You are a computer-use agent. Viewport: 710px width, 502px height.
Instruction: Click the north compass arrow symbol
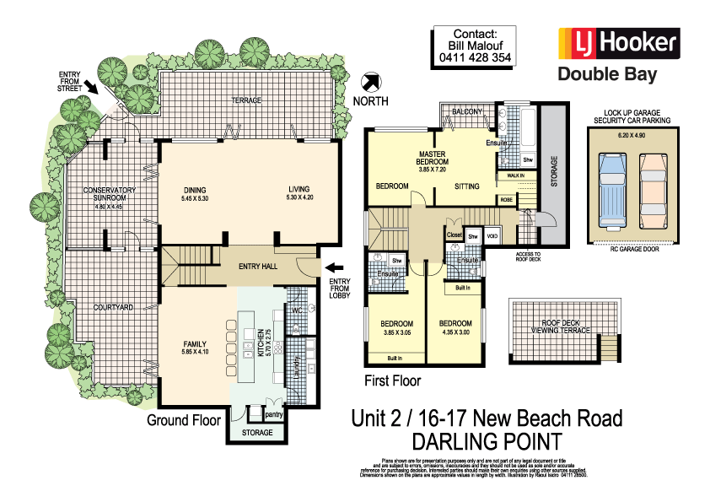click(x=369, y=83)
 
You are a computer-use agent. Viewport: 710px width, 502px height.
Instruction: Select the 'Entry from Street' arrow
click(x=90, y=84)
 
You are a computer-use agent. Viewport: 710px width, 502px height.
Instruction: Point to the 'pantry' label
click(x=272, y=414)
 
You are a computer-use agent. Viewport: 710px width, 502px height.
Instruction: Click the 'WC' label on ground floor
click(x=295, y=310)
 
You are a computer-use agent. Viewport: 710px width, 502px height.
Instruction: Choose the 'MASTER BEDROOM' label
click(x=434, y=159)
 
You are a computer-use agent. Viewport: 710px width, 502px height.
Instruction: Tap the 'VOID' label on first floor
click(x=492, y=236)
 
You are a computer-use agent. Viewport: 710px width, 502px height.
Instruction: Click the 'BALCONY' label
click(x=466, y=111)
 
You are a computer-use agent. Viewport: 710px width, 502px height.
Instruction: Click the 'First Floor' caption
click(x=392, y=381)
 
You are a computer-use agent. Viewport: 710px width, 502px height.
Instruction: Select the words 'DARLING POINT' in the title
click(x=486, y=440)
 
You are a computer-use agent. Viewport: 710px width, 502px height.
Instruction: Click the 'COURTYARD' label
click(x=114, y=308)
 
